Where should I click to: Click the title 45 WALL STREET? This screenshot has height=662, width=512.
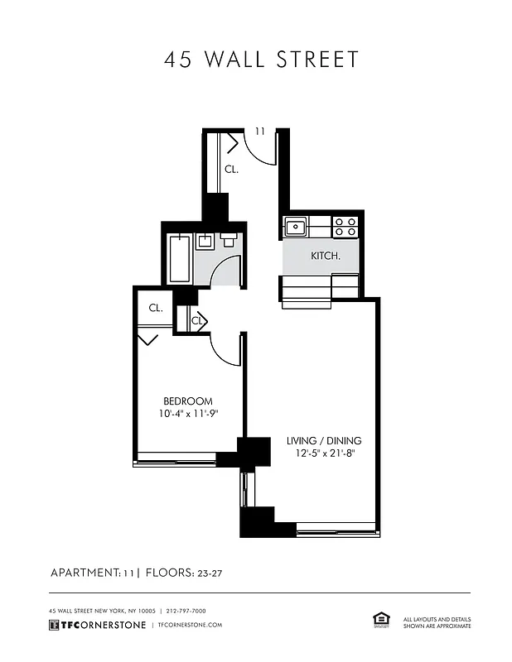point(261,60)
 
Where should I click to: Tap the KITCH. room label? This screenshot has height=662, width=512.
point(326,256)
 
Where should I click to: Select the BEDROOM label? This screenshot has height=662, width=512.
point(188,401)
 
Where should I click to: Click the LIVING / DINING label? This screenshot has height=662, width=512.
point(324,441)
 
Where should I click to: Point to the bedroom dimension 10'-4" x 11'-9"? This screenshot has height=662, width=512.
point(188,414)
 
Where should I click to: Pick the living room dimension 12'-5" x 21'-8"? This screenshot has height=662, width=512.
point(324,453)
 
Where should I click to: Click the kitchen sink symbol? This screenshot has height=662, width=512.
point(296,226)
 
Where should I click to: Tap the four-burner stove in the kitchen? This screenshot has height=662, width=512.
point(345,226)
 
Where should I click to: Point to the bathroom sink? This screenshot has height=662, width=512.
point(205,242)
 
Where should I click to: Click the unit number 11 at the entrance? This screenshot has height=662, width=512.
point(260,132)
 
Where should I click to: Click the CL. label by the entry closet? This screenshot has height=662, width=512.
point(232,170)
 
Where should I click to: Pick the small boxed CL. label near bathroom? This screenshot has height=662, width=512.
point(198,320)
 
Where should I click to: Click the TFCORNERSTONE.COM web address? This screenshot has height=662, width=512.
point(190,625)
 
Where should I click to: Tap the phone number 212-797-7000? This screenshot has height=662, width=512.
point(186,611)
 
